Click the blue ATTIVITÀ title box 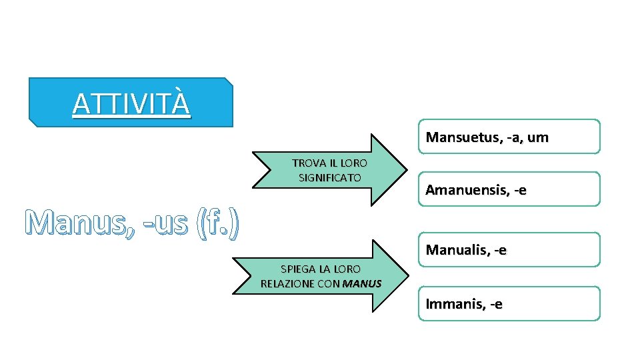[131, 103]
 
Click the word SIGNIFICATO [330, 178]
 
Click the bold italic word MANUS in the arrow [362, 283]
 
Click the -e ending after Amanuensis [519, 191]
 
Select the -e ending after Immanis [495, 305]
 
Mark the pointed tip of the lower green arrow [407, 276]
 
